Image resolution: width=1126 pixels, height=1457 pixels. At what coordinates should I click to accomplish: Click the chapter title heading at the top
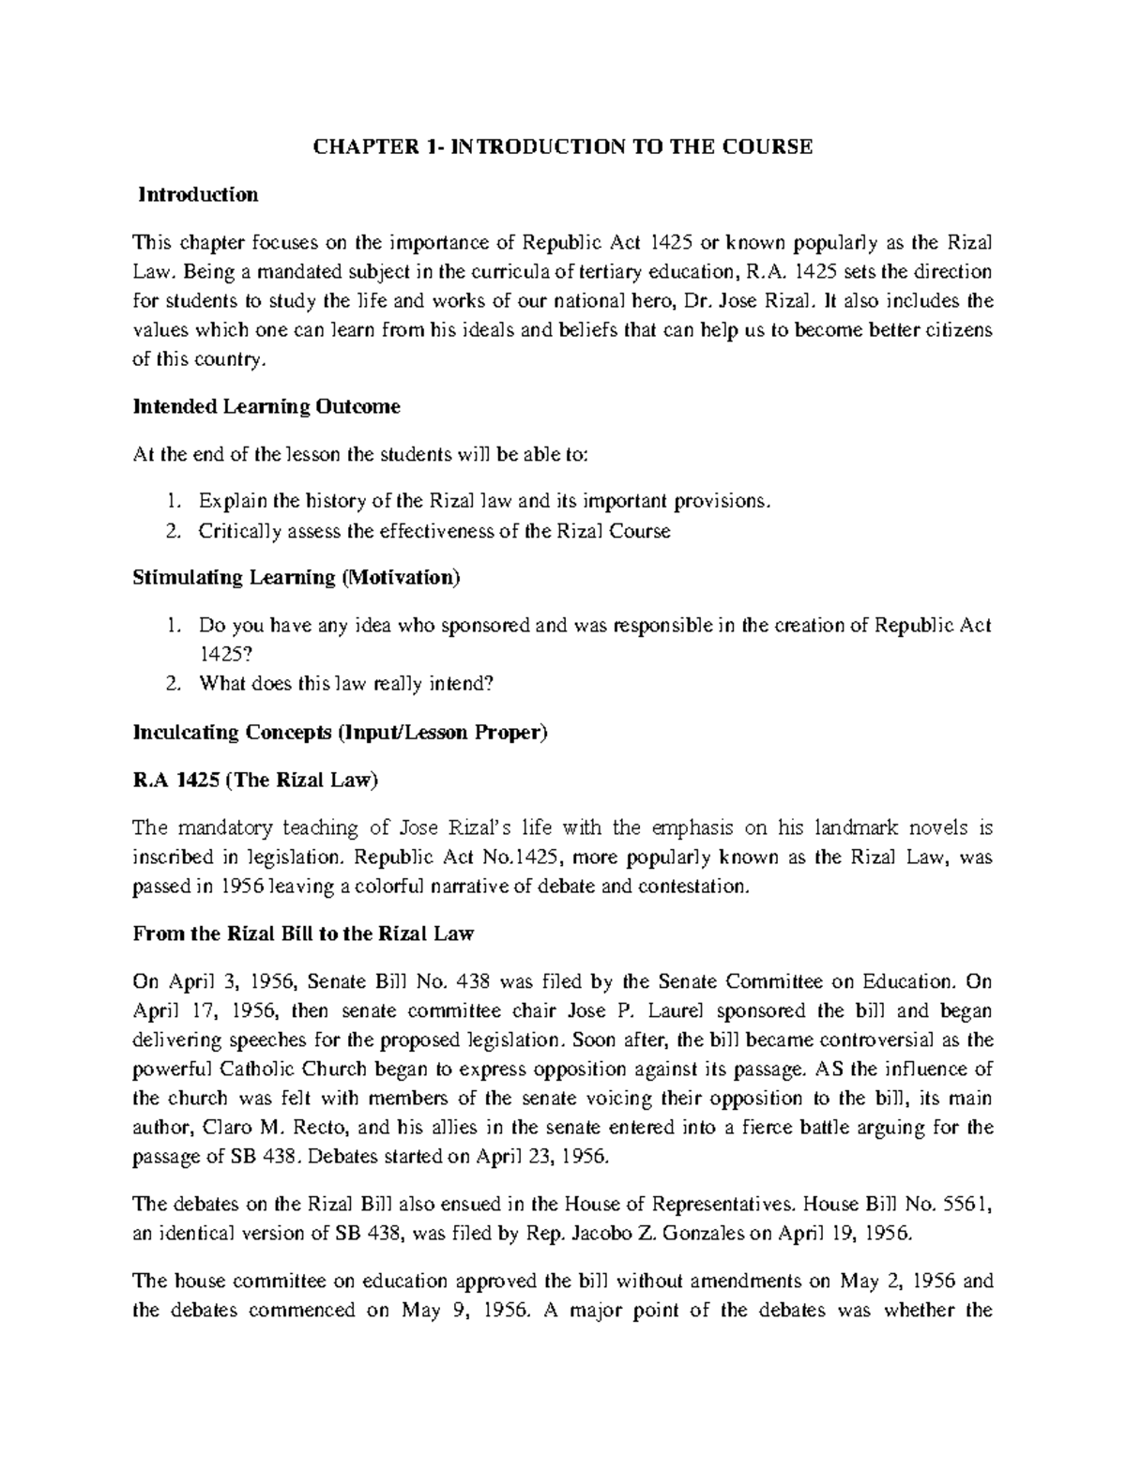pyautogui.click(x=562, y=146)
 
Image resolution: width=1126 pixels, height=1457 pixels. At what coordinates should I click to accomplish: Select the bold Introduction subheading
pyautogui.click(x=198, y=195)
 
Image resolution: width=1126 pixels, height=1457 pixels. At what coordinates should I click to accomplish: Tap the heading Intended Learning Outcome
pyautogui.click(x=266, y=406)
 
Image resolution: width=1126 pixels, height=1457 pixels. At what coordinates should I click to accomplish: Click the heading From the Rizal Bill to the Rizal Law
pyautogui.click(x=303, y=933)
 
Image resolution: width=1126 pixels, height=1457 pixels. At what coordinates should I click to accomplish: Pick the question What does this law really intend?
pyautogui.click(x=345, y=684)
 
